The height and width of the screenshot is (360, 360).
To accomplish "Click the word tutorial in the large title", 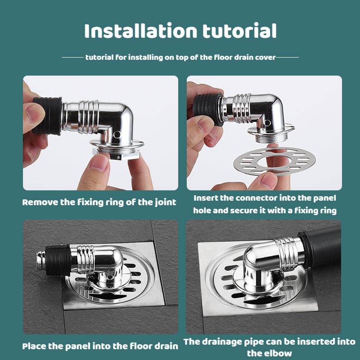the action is click(239, 31).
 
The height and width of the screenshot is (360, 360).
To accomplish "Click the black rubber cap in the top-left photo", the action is click(48, 116).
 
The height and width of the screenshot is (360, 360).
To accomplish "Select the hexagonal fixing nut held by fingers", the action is click(116, 154).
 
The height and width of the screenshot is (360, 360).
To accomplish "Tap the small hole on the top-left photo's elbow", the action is click(117, 134).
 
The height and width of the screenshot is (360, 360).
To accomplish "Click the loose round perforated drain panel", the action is click(274, 161).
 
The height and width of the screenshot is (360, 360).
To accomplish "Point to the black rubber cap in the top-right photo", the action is click(208, 109).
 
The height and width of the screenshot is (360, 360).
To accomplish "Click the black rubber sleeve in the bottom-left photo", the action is click(58, 260).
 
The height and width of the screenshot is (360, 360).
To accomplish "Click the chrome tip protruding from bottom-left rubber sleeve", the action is click(41, 261).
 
